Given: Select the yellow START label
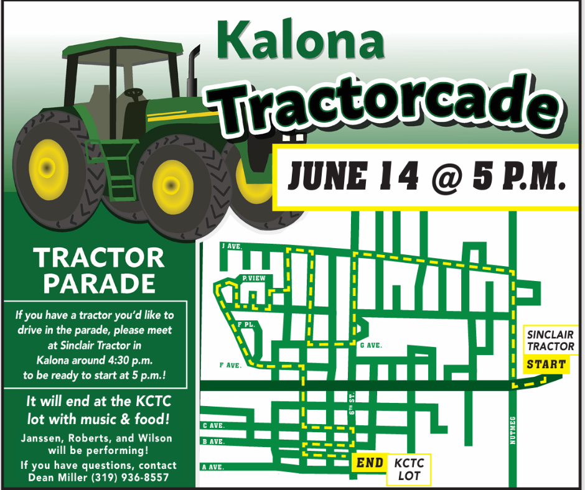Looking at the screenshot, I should point(546,364).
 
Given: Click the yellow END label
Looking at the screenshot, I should point(369,463).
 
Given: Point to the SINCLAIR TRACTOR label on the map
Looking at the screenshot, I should point(550,341).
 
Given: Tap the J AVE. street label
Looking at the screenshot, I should point(232,246).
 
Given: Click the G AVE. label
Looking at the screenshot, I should point(371,345).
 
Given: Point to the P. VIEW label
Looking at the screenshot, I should point(254,278).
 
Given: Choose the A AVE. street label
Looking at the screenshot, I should point(213,466).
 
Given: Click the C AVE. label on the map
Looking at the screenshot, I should point(213,426).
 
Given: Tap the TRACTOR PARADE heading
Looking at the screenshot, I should point(99,270).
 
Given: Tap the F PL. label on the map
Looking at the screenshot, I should point(246,325).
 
